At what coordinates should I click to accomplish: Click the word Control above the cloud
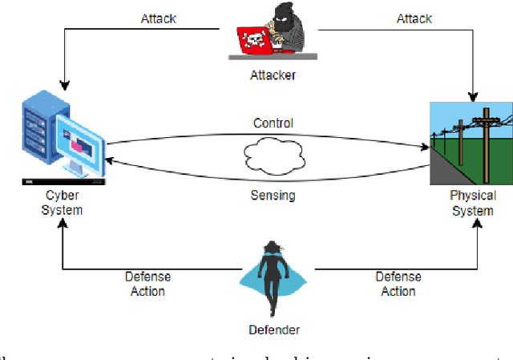pos(273,123)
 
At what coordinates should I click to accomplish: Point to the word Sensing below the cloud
pos(274,195)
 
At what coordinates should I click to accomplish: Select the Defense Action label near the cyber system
pos(147,283)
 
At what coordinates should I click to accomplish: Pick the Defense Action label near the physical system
pos(398,284)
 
